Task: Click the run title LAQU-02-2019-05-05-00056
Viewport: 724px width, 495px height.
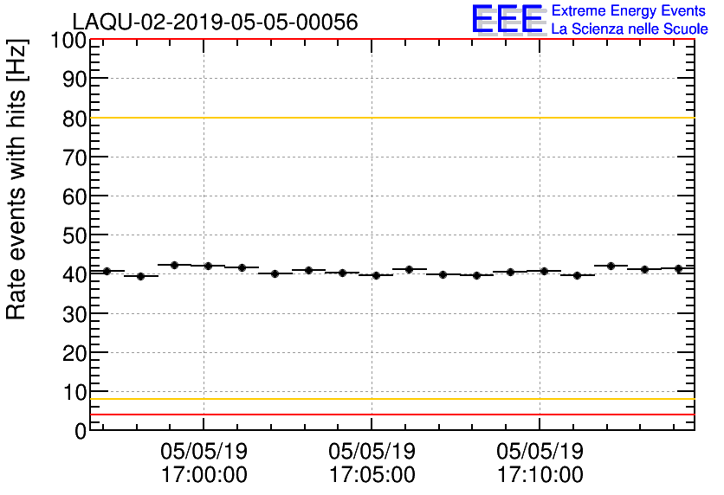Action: pyautogui.click(x=215, y=22)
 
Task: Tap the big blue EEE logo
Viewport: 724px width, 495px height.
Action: pyautogui.click(x=507, y=19)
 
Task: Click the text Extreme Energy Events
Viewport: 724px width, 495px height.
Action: pyautogui.click(x=629, y=11)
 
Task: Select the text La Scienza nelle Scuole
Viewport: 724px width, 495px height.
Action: pyautogui.click(x=629, y=29)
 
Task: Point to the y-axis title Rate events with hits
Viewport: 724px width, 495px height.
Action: pyautogui.click(x=17, y=179)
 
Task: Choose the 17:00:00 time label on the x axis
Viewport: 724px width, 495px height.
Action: pyautogui.click(x=204, y=475)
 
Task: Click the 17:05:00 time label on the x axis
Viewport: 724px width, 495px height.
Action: pyautogui.click(x=372, y=475)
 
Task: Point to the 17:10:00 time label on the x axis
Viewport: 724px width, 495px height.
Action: pyautogui.click(x=540, y=475)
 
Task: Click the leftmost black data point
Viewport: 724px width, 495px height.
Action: pyautogui.click(x=107, y=271)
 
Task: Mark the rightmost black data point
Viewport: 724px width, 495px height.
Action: pyautogui.click(x=678, y=268)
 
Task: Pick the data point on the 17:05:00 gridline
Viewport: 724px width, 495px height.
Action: pyautogui.click(x=376, y=275)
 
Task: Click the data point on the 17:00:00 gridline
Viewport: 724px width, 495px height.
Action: pyautogui.click(x=208, y=266)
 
